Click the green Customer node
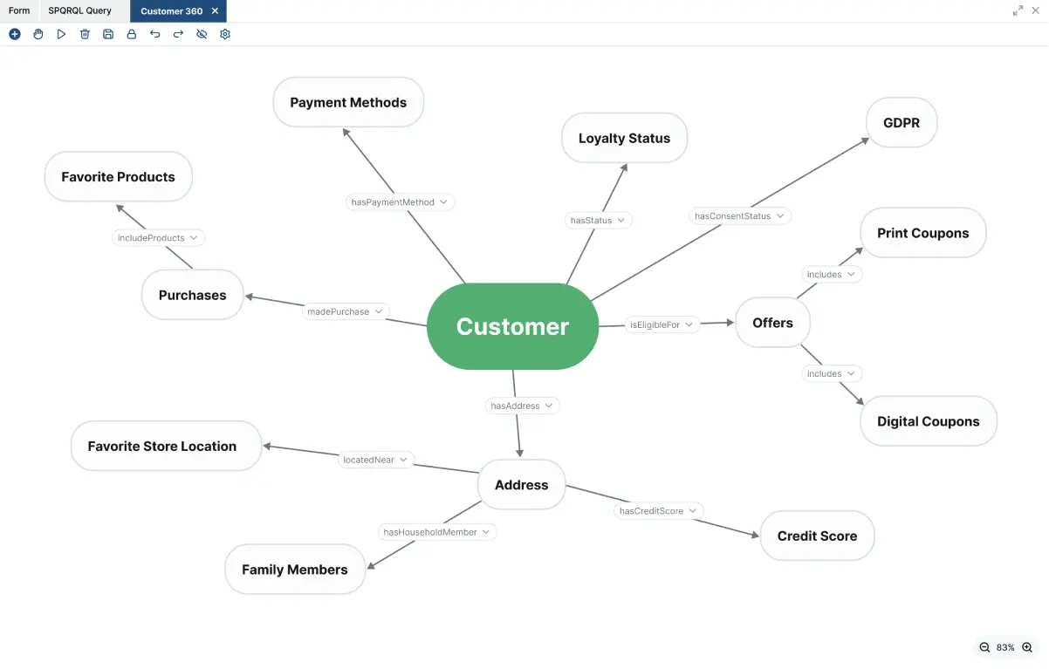512,326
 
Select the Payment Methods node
348,102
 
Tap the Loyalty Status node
624,138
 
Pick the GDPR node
901,123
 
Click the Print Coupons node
922,233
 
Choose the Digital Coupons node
928,421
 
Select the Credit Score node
817,536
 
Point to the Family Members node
294,570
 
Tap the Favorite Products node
118,176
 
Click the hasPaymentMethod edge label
393,202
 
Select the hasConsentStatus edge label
733,216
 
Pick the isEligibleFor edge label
655,325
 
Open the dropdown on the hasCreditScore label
693,511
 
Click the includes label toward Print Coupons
824,275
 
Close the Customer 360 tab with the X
215,11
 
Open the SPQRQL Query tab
79,11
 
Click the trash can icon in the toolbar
85,34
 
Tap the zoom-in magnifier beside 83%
1027,647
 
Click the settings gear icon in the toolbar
225,34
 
